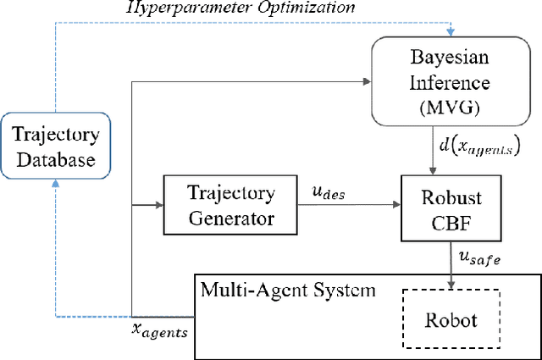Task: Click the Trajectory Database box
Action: pyautogui.click(x=55, y=147)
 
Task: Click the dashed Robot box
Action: pyautogui.click(x=451, y=320)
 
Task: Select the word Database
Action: pyautogui.click(x=55, y=158)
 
